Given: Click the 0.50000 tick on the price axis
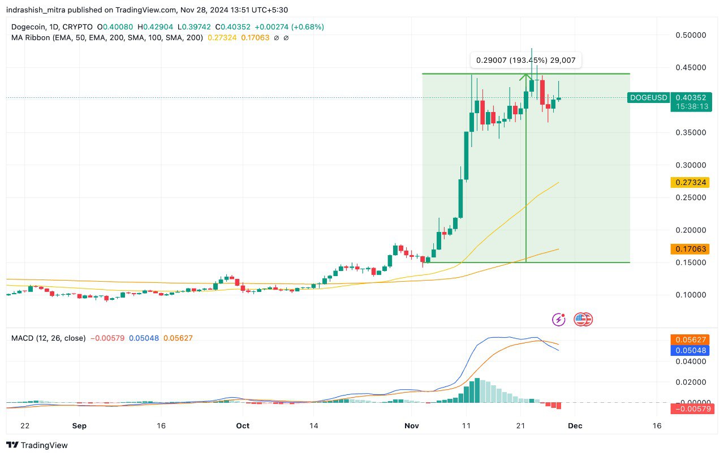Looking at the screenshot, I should point(691,35).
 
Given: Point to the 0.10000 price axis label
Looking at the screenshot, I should point(691,295).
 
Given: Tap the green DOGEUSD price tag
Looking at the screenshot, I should point(649,97).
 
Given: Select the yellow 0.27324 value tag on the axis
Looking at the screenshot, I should point(689,182).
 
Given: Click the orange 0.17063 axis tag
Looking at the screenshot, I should point(689,249).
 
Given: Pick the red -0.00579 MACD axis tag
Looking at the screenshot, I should point(691,408).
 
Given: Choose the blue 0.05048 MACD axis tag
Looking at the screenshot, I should point(691,350).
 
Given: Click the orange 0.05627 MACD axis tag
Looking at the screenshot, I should point(691,339).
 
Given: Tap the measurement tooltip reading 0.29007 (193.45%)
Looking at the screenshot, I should point(526,59).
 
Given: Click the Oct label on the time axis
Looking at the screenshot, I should point(243,425).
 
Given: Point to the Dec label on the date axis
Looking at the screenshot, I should point(575,425).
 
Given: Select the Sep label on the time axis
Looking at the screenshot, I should point(79,425).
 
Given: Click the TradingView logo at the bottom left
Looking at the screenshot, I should point(37,445).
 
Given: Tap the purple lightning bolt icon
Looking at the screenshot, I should point(559,320).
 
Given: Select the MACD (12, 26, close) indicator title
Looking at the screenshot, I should point(49,338).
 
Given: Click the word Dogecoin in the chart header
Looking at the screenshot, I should point(29,27).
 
